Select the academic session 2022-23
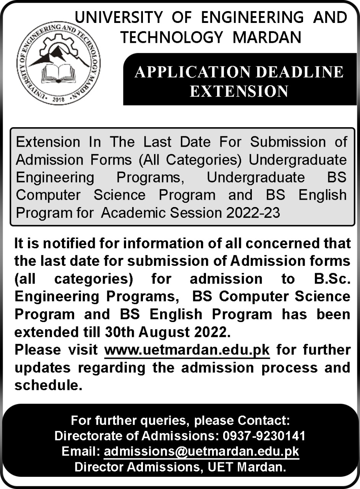click(253, 213)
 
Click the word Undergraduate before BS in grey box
click(256, 177)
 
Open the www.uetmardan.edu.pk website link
click(187, 350)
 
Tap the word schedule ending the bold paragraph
click(49, 385)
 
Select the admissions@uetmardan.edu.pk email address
click(201, 452)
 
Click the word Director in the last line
click(99, 467)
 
